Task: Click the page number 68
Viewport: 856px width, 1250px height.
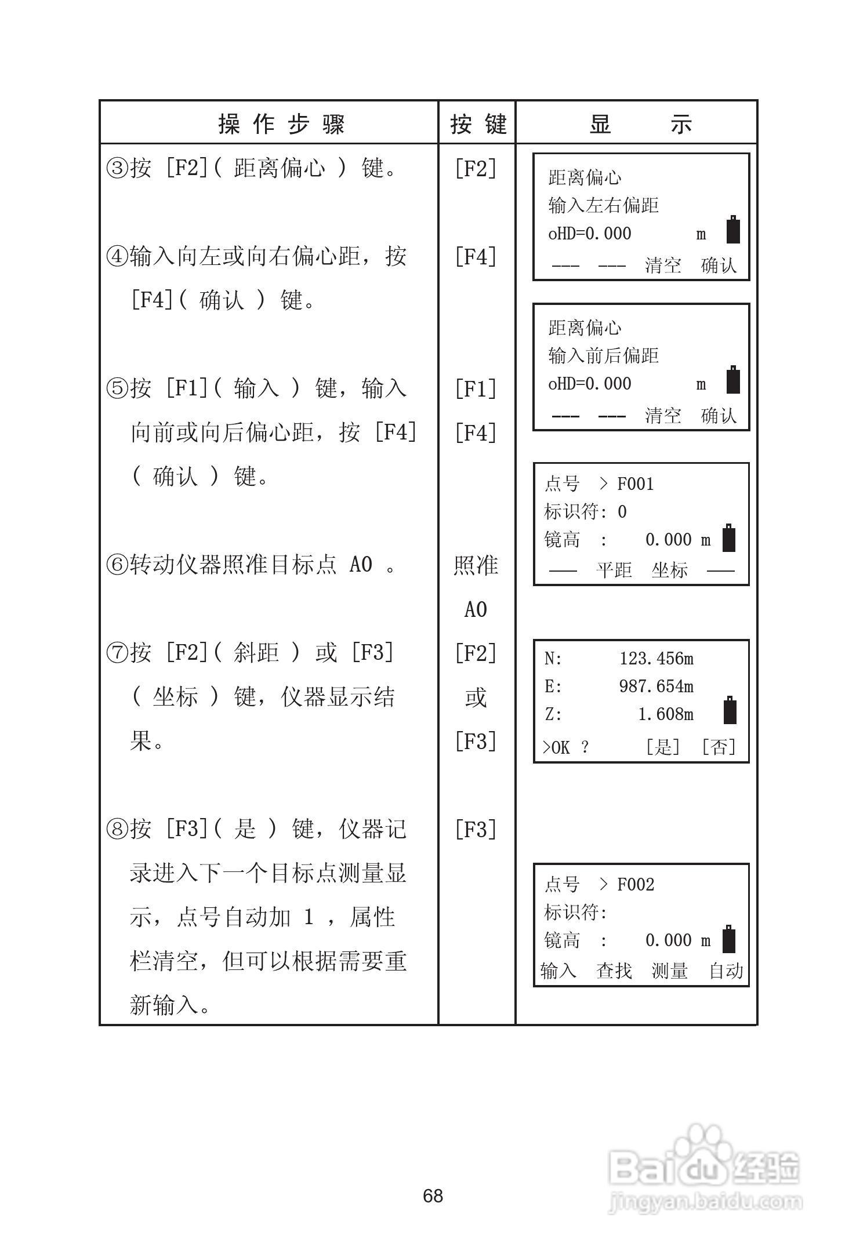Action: click(x=433, y=1196)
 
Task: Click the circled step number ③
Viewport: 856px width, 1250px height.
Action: click(x=117, y=169)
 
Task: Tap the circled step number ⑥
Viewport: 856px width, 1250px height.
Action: click(x=117, y=565)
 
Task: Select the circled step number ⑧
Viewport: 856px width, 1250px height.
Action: click(x=117, y=830)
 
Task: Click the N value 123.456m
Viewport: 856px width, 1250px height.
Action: click(x=656, y=659)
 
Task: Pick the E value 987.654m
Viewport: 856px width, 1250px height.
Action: click(x=656, y=686)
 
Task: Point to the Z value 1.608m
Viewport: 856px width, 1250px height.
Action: click(x=665, y=714)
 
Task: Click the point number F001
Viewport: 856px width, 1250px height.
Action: click(x=636, y=484)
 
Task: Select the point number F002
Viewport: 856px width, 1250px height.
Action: click(x=636, y=884)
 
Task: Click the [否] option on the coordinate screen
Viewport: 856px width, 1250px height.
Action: click(x=718, y=747)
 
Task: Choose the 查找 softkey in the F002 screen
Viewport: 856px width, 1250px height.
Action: click(x=614, y=971)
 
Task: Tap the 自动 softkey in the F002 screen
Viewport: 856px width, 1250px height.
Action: click(x=726, y=971)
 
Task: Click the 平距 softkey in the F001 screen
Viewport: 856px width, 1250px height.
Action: click(x=614, y=570)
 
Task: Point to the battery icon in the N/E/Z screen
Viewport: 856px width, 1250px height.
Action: click(x=730, y=710)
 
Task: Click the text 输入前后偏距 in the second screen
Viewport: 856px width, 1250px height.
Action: click(x=603, y=355)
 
